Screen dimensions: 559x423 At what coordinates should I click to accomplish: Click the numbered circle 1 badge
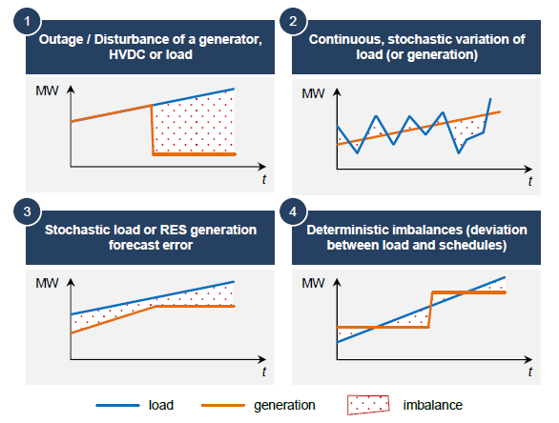[x=27, y=21]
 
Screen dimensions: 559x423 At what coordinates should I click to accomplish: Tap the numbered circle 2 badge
[x=293, y=21]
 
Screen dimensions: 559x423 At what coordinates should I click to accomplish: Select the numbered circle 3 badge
[x=27, y=211]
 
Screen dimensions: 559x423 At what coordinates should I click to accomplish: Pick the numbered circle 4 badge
[x=293, y=211]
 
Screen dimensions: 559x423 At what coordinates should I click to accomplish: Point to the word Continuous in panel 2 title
[x=346, y=39]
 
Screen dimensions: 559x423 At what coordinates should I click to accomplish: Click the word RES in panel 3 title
[x=174, y=230]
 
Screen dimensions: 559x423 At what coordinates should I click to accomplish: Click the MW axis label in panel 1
[x=47, y=91]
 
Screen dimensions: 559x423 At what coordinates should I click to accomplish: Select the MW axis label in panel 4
[x=313, y=283]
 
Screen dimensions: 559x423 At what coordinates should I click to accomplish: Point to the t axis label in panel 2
[x=530, y=181]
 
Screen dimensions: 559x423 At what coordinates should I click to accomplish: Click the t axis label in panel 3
[x=264, y=372]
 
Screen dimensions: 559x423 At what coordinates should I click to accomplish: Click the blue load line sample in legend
[x=117, y=405]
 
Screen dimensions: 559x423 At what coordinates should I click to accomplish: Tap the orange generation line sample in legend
[x=223, y=405]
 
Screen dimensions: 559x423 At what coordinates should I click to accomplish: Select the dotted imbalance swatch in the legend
[x=368, y=405]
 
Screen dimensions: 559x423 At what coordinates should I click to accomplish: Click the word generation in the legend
[x=284, y=406]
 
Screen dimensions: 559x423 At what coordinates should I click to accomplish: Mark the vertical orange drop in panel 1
[x=153, y=130]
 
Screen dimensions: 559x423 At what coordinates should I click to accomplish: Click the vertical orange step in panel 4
[x=430, y=310]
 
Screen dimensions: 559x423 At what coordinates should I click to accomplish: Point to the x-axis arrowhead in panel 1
[x=262, y=167]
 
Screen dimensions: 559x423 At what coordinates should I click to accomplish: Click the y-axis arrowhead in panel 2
[x=337, y=92]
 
